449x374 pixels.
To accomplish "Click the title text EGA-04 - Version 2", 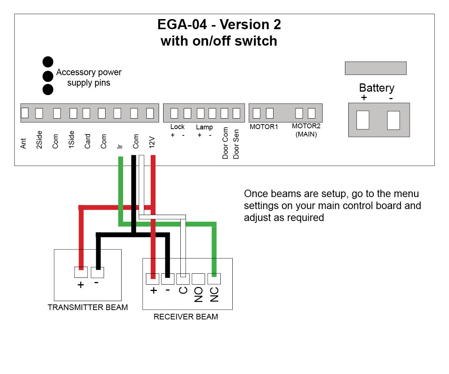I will (219, 25).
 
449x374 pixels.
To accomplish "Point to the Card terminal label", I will (88, 141).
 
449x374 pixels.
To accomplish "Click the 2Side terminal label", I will (39, 140).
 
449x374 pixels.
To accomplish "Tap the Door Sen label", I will (236, 143).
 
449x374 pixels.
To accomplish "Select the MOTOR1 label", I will (264, 127).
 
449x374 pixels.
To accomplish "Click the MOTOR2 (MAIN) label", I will (306, 130).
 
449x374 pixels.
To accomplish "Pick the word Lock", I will (177, 127).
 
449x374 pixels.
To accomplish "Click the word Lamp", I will (204, 127).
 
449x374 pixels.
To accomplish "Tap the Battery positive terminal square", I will (363, 120).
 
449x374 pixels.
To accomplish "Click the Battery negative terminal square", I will (393, 120).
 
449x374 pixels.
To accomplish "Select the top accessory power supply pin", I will (48, 62).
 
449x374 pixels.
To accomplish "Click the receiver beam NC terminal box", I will (214, 279).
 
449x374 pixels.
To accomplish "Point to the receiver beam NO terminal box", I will (198, 279).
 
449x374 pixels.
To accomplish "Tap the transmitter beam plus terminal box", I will (81, 272).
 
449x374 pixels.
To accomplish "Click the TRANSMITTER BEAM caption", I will (88, 307).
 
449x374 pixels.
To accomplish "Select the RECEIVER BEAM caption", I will (186, 317).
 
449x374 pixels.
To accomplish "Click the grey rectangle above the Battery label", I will (375, 68).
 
